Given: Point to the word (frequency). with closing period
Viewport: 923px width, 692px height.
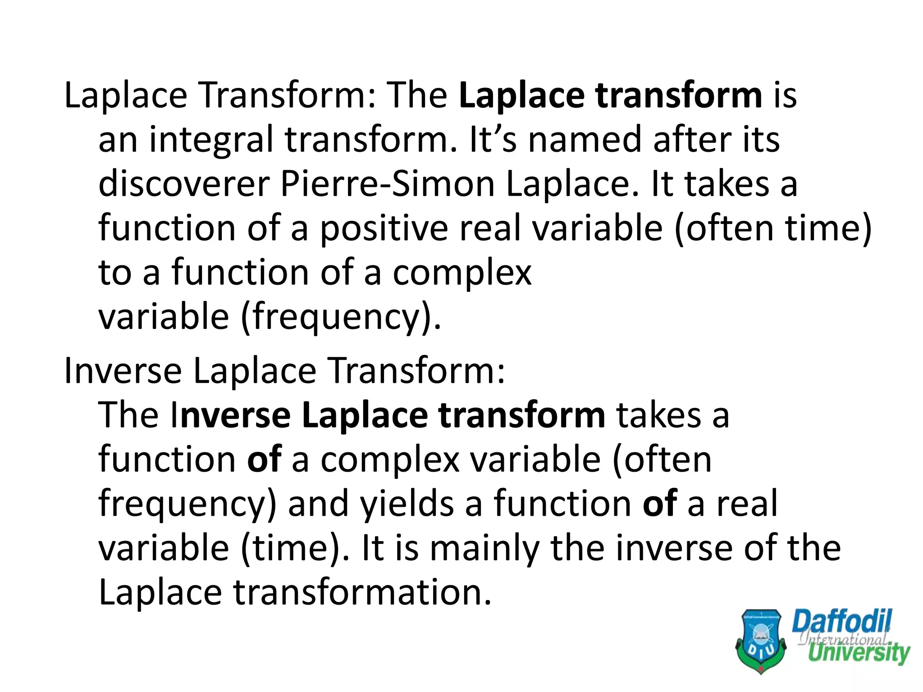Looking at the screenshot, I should point(341,317).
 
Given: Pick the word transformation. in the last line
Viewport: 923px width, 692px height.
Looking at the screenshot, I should point(362,592).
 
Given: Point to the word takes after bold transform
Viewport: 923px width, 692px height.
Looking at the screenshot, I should point(658,415).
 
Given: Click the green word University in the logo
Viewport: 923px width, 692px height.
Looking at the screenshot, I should point(859,653).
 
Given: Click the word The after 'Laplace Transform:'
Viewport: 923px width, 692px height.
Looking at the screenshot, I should point(417,96).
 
